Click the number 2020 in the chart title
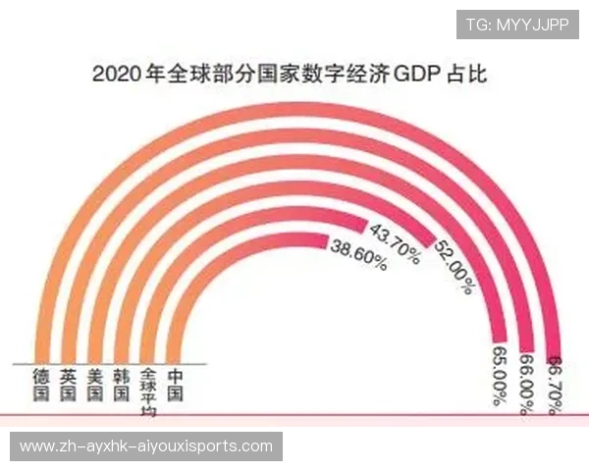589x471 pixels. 114,74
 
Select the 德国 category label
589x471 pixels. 40,385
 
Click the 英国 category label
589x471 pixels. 68,385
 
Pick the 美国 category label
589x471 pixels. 94,385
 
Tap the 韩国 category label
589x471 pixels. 121,385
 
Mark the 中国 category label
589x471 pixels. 175,385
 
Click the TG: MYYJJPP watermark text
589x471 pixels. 516,24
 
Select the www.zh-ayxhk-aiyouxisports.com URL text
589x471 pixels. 145,446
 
